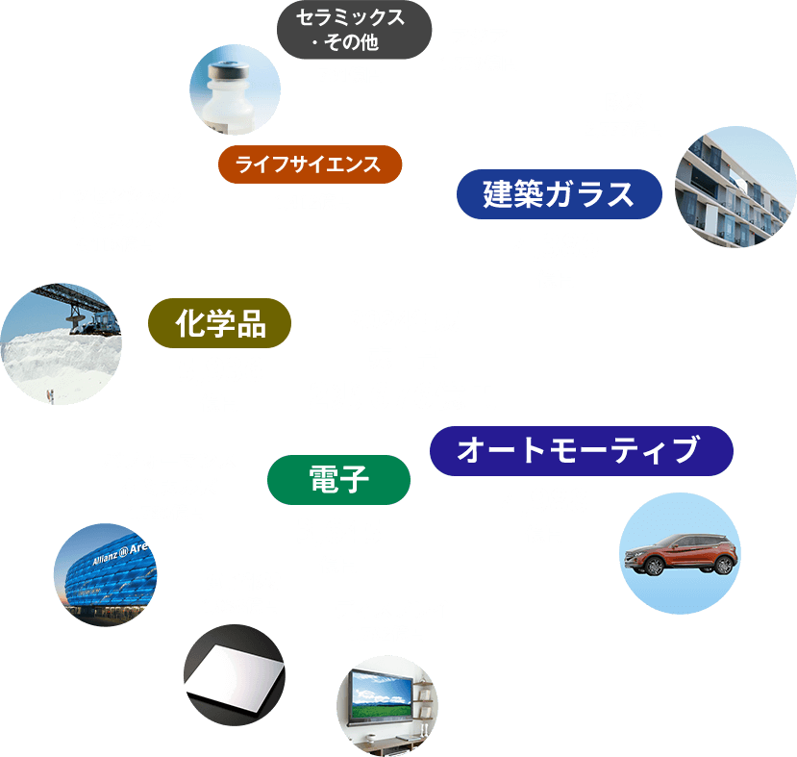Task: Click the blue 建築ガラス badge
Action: coord(559,194)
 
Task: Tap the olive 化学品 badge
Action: coord(220,323)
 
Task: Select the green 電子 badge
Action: coord(338,480)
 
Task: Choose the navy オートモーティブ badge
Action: coord(581,451)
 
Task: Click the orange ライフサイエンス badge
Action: coord(310,164)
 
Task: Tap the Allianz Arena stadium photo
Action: coord(104,574)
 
